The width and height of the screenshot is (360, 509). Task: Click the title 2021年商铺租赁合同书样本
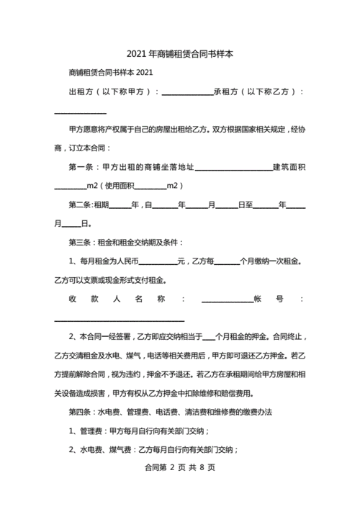[180, 54]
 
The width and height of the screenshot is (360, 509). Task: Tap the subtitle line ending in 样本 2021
[110, 73]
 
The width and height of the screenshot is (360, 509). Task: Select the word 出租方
[80, 92]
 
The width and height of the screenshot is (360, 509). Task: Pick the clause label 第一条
[80, 167]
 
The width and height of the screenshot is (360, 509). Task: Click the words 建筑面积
[289, 167]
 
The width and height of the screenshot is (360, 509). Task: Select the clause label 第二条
[80, 204]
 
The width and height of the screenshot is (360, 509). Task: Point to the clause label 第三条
[80, 242]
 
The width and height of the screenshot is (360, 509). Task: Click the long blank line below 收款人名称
[120, 319]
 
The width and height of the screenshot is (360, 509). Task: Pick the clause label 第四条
[80, 412]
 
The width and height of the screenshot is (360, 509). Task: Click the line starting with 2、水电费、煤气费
[153, 449]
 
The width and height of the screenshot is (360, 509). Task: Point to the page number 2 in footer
[173, 487]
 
